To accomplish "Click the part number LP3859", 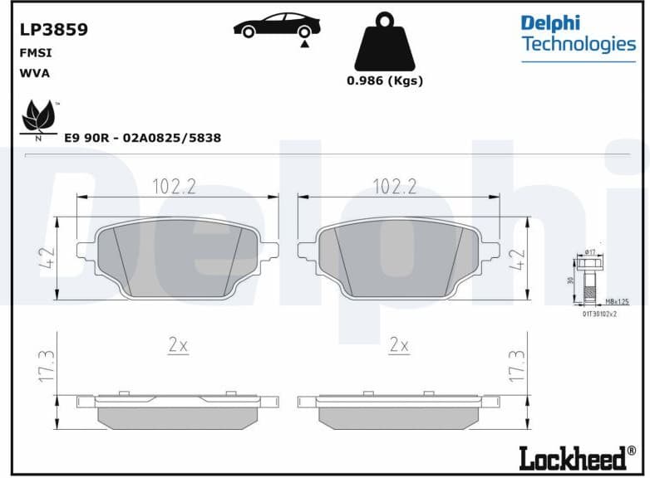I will [53, 30].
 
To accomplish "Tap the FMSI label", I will [33, 52].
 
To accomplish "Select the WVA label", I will [34, 72].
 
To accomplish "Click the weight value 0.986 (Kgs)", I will [384, 80].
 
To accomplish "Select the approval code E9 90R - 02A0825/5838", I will [142, 138].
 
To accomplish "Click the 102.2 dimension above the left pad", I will [174, 187].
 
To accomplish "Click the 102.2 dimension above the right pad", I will [394, 187].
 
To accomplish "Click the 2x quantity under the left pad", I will [178, 345].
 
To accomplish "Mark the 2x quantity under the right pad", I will [399, 345].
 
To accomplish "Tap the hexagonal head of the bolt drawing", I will [591, 265].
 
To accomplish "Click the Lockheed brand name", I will [573, 457].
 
